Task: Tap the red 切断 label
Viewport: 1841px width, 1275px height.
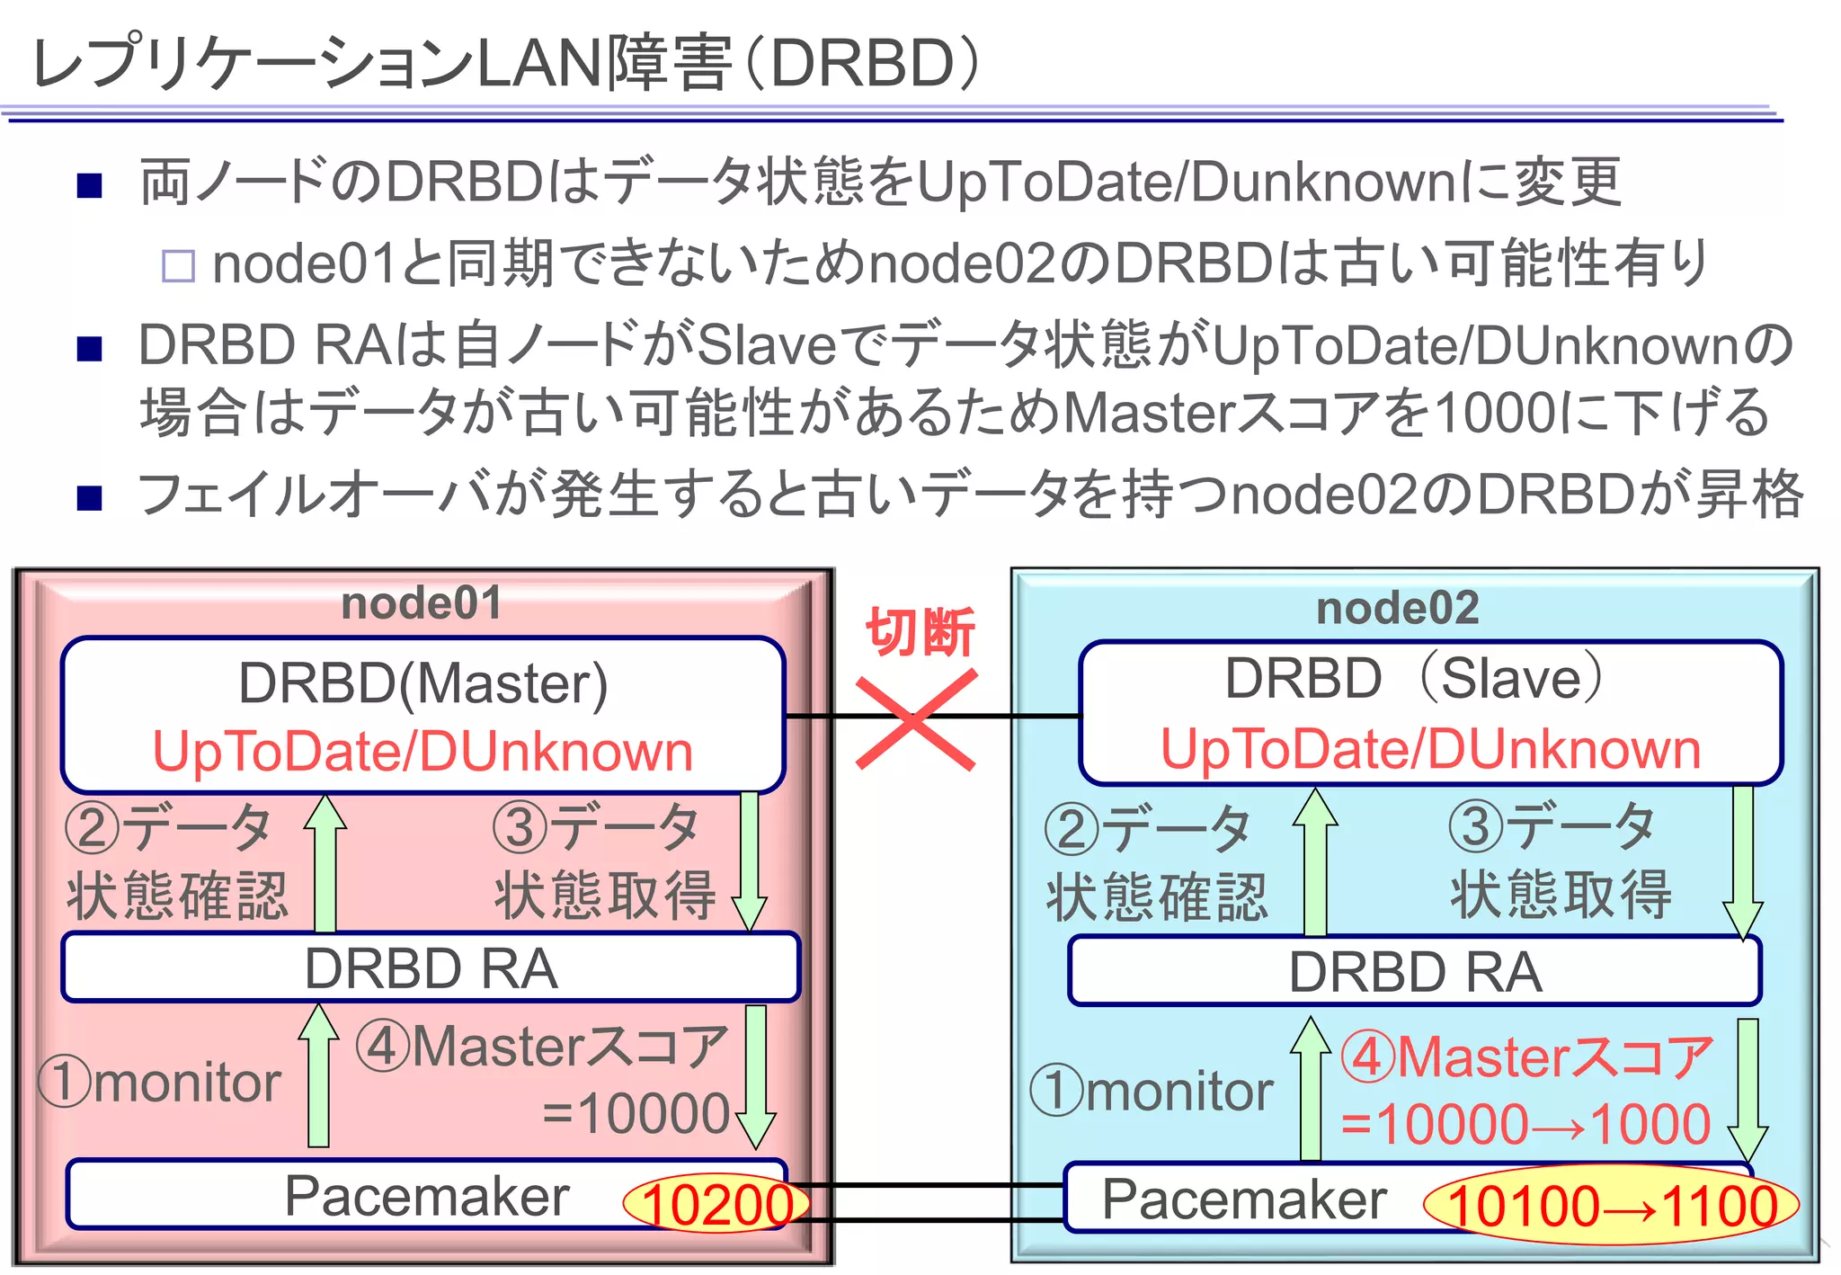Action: (920, 632)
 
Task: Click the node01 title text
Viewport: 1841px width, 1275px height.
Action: (422, 603)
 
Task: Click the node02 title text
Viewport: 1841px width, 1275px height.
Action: (1397, 608)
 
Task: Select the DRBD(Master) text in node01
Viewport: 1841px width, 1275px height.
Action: (423, 683)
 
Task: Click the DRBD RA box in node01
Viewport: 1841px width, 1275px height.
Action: (431, 968)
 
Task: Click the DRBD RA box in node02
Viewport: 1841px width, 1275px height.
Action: (1415, 972)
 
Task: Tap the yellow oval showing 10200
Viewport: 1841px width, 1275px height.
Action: (716, 1204)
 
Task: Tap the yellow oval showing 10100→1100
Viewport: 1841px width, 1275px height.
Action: (1611, 1206)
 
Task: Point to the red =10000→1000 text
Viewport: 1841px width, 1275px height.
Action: (1525, 1124)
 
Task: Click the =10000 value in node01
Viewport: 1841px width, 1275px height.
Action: (636, 1113)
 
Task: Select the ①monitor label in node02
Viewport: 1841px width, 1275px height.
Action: (1152, 1091)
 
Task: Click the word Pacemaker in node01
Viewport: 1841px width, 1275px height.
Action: (427, 1196)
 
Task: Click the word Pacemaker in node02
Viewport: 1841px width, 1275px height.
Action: (1244, 1199)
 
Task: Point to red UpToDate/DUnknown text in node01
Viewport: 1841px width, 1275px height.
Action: (423, 752)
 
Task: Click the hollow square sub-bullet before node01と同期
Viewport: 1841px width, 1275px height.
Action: (178, 266)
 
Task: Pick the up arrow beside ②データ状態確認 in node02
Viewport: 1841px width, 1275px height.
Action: (1315, 860)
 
